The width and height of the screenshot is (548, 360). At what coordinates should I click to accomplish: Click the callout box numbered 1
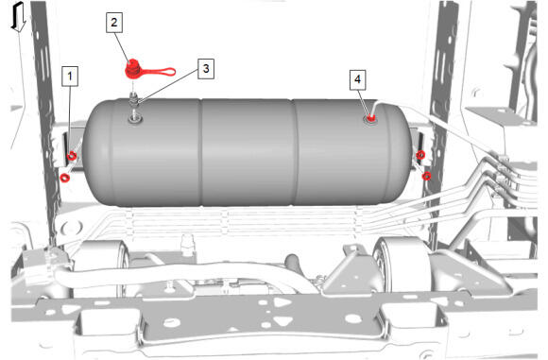pos(70,76)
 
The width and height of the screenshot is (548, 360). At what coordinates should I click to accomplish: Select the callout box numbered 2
pos(114,23)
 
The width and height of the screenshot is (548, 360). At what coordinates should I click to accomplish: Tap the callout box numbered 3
pos(206,69)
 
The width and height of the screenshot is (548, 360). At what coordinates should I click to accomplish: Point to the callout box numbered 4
pos(357,79)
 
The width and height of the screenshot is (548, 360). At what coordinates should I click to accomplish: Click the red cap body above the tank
pos(133,70)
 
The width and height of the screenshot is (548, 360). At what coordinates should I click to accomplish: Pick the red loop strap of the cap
pos(158,72)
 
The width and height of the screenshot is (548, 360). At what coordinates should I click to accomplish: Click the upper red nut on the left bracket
pos(72,156)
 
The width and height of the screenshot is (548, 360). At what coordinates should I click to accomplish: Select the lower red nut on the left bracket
pos(64,178)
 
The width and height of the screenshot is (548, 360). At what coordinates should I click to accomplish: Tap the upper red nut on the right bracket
pos(420,154)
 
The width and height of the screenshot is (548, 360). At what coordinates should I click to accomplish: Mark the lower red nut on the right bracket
pos(426,176)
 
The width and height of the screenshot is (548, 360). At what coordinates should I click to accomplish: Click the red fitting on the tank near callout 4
pos(370,118)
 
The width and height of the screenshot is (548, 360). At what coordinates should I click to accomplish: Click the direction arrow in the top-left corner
pos(18,17)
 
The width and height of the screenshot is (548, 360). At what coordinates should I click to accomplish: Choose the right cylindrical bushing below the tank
pos(402,265)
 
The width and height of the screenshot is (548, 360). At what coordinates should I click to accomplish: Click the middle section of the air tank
pos(248,152)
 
